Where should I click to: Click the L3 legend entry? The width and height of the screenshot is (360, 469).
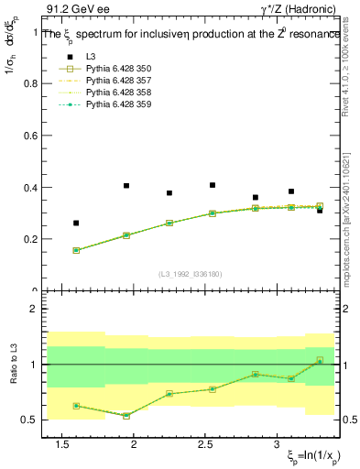coord(91,58)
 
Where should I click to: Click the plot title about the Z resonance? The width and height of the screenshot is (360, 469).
coord(192,33)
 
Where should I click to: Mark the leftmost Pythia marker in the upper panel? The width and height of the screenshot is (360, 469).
coord(76,250)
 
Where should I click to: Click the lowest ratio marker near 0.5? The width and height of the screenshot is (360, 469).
coord(126,415)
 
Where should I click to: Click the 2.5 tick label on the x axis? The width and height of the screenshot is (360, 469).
coord(206,444)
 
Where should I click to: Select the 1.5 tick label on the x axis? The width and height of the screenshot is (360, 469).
coord(63,444)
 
